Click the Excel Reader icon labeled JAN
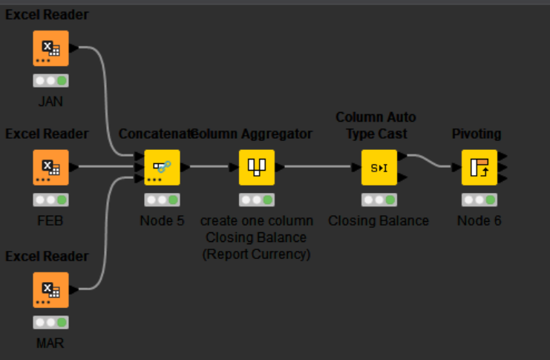[x=50, y=48]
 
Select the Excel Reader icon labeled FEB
[x=50, y=168]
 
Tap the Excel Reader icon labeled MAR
[x=50, y=290]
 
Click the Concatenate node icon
[x=162, y=168]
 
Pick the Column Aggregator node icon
[x=257, y=168]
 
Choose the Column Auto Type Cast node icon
[x=379, y=168]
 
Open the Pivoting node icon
[x=479, y=168]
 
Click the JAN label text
[x=50, y=102]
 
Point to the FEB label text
[x=50, y=221]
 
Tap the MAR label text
[x=50, y=344]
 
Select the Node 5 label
[x=162, y=221]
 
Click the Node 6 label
[x=479, y=221]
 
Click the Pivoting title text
[x=477, y=134]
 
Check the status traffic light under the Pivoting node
[x=479, y=200]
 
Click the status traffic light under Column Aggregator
[x=257, y=200]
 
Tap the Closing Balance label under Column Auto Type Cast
[x=379, y=221]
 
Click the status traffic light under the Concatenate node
[x=162, y=200]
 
